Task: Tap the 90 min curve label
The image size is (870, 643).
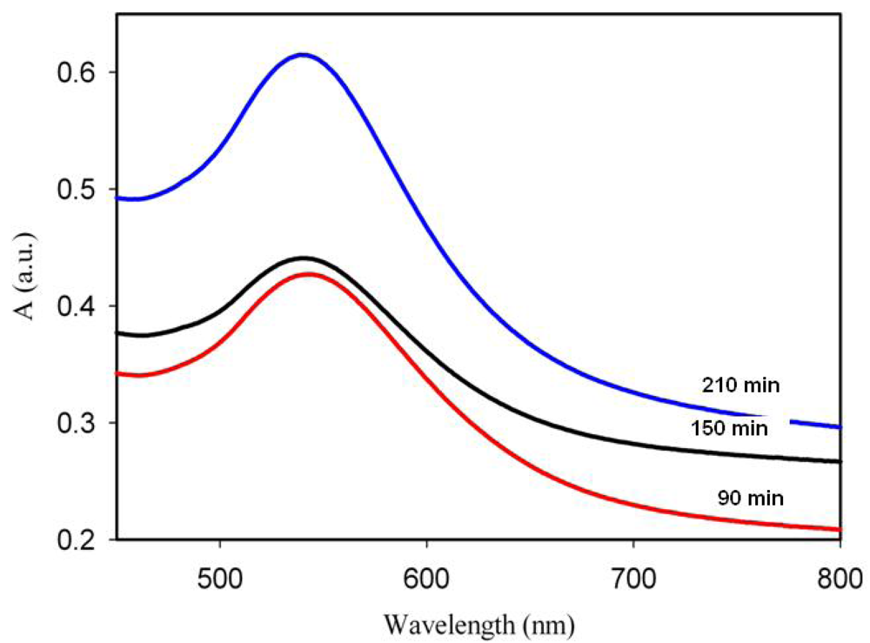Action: [751, 499]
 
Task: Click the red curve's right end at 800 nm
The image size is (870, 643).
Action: [839, 529]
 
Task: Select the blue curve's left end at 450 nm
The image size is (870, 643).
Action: [118, 198]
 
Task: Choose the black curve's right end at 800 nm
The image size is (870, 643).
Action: [839, 461]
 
